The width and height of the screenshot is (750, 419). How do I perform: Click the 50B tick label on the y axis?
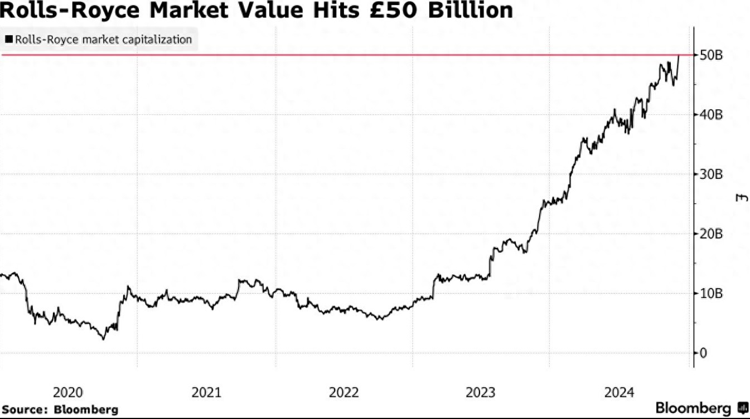pos(711,55)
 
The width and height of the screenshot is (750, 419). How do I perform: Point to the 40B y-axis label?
pos(711,115)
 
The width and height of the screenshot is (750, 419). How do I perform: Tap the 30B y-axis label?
pos(711,174)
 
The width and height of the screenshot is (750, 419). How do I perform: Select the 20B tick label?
pos(711,234)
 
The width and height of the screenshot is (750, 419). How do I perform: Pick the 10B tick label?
pos(711,293)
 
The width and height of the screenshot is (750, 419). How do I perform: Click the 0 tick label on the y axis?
pos(704,353)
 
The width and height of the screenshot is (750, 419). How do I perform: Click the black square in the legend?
pos(9,40)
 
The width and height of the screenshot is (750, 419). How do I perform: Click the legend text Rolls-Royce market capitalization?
pos(103,40)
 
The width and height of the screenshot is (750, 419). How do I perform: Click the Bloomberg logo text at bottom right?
pos(693,407)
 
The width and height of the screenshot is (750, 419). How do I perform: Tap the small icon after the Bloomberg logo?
pos(742,407)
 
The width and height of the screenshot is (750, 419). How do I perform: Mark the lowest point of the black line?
pos(103,339)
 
